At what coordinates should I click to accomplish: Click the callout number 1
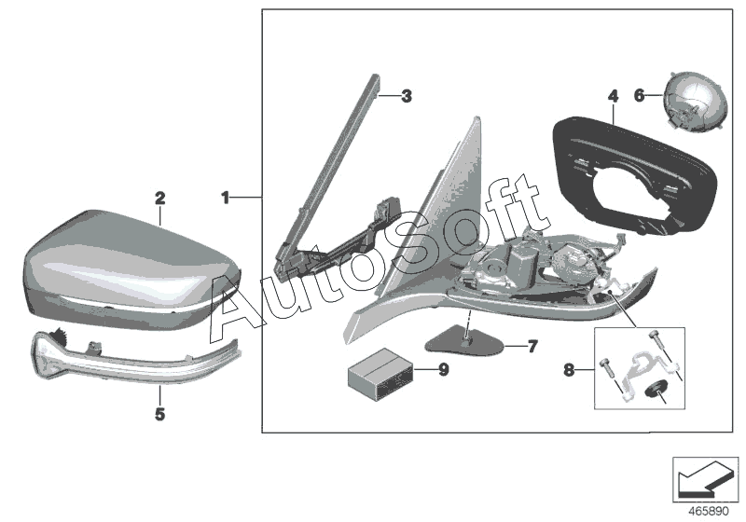click(x=225, y=197)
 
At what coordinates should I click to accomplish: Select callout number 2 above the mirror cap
click(x=159, y=198)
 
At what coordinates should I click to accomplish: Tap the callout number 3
click(x=406, y=95)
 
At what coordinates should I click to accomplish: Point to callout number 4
click(x=613, y=96)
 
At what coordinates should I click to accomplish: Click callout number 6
click(x=640, y=95)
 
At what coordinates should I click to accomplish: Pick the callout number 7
click(x=532, y=347)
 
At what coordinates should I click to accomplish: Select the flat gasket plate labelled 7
click(x=466, y=337)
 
